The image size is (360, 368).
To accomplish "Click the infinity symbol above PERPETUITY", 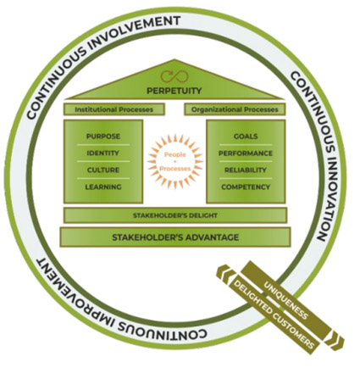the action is [174, 76].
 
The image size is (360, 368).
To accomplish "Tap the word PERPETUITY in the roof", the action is [174, 91].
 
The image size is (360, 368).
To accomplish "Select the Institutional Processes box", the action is [114, 109].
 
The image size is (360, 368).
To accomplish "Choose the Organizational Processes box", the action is [235, 109].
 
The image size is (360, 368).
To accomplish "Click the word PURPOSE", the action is [103, 137].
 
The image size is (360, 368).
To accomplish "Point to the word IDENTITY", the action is [102, 153].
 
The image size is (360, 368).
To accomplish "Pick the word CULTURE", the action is [103, 170].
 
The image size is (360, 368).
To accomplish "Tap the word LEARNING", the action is [103, 187].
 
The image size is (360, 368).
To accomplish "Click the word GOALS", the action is [246, 137].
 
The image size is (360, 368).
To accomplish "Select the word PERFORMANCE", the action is [246, 153].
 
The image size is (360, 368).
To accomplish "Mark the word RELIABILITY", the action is [246, 170].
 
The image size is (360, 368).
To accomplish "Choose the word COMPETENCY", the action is [246, 187].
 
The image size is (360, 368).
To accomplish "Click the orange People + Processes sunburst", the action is [175, 161].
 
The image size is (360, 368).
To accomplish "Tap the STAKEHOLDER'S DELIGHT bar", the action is [175, 215].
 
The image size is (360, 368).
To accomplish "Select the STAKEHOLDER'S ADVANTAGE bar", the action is [175, 237].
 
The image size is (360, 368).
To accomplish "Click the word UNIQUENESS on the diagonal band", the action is [285, 300].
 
